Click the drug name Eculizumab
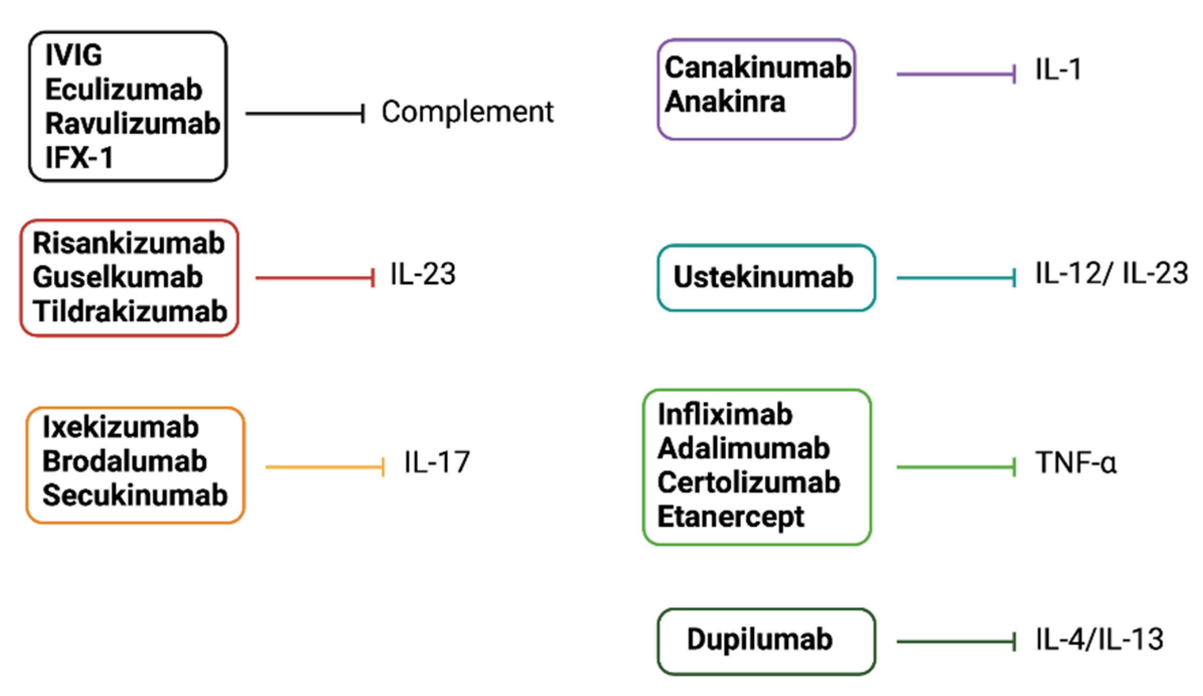coord(124,90)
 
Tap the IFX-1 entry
coord(80,158)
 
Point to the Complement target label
coord(467,112)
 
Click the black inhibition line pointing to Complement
coord(305,114)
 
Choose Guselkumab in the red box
coord(118,277)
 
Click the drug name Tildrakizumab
coord(130,312)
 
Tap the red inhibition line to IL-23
coord(315,278)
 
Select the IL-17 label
coord(437,462)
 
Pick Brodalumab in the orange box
coord(124,461)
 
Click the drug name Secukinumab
coord(135,496)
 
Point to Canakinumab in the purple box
coord(758,67)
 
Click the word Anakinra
coord(725,102)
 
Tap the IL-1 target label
coord(1058,69)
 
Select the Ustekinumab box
coord(766,277)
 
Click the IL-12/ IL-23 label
coord(1111,274)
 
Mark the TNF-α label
coord(1076,463)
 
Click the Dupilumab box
coord(766,641)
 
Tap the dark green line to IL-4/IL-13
coord(955,642)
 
